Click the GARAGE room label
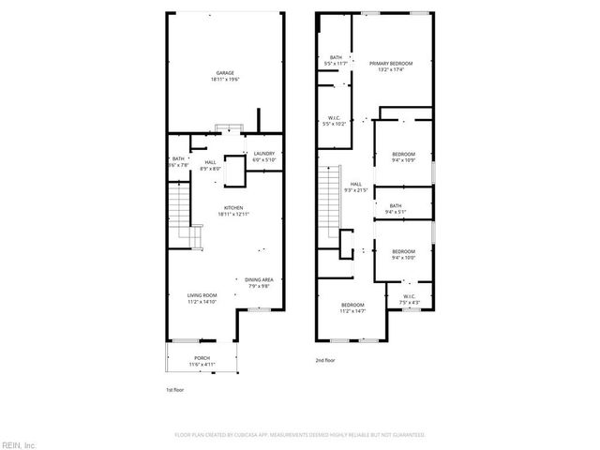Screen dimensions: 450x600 225,73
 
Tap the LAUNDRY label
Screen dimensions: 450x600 263,153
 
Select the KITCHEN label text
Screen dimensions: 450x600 233,207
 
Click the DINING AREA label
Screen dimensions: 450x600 259,279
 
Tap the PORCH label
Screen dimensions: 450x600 202,357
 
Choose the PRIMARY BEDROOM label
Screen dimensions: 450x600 391,64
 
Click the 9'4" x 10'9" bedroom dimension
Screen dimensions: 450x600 403,159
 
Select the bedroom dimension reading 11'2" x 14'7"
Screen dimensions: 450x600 353,311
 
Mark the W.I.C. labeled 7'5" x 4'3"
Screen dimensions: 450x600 409,303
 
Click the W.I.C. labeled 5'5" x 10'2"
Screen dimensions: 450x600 335,124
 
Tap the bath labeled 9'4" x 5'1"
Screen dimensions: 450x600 396,212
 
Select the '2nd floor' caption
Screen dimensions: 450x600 325,359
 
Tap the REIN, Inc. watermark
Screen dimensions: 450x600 18,444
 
